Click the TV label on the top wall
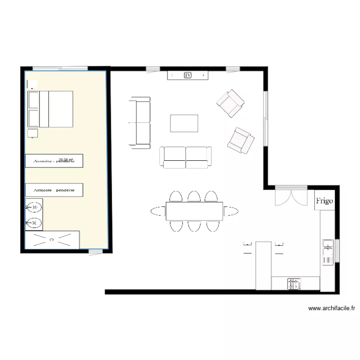click(x=188, y=75)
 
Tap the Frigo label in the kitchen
click(x=324, y=201)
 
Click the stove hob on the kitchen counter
click(x=294, y=284)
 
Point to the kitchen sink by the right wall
click(x=328, y=252)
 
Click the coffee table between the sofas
click(x=184, y=123)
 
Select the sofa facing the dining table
click(x=185, y=157)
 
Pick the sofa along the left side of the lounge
click(x=140, y=121)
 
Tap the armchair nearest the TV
click(x=230, y=103)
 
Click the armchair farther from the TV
click(x=240, y=140)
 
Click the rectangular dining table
click(x=194, y=211)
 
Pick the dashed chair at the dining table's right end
click(x=231, y=210)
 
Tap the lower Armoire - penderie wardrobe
click(x=54, y=190)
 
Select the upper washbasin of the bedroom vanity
click(x=34, y=207)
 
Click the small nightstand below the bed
click(x=33, y=133)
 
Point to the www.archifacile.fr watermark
click(x=331, y=309)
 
